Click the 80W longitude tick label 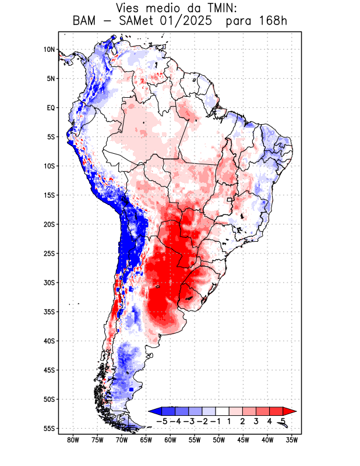[x=73, y=440]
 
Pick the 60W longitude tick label [x=171, y=440]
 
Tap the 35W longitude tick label [x=292, y=440]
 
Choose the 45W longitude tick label [x=243, y=440]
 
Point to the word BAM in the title [x=87, y=22]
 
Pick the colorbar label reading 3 [x=256, y=421]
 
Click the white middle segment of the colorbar [x=223, y=411]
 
